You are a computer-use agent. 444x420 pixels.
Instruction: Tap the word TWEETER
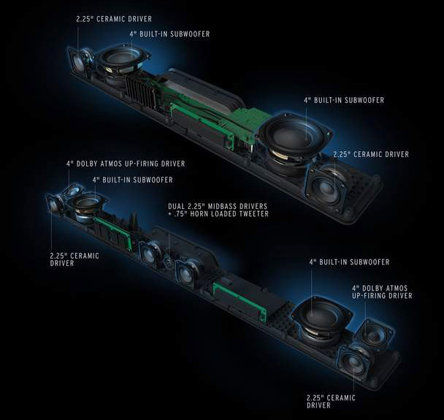257,214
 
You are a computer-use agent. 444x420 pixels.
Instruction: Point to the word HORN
198,214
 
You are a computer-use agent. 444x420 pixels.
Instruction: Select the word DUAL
176,206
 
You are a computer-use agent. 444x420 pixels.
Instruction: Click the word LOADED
226,214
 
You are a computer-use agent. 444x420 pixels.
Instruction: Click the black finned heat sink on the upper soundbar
141,91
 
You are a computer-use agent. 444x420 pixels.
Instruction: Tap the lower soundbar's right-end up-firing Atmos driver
375,333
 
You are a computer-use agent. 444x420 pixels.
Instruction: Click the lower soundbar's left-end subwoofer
85,205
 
